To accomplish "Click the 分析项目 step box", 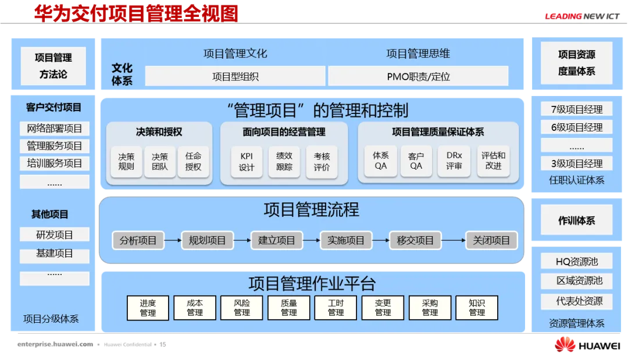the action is click(x=138, y=240).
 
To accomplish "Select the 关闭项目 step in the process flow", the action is click(x=491, y=240).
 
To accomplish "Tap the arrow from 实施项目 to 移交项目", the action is click(x=380, y=240).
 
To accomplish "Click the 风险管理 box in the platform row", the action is click(x=242, y=308).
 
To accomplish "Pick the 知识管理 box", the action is click(x=477, y=308).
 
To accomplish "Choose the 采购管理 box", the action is click(x=430, y=308).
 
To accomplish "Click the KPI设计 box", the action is click(x=247, y=162).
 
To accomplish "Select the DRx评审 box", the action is click(x=454, y=161).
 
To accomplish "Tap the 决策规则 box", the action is click(x=126, y=162).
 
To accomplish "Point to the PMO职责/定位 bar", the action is click(x=418, y=76).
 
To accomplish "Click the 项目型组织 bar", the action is click(x=235, y=76).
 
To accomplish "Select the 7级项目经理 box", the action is click(x=576, y=109).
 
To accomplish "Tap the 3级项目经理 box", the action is click(x=576, y=163).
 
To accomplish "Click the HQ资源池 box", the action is click(x=576, y=262).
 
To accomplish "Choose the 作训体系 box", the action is click(x=576, y=221).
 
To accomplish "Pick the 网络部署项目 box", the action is click(x=55, y=129).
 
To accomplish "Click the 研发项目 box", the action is click(x=55, y=235).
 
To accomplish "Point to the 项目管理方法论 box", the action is click(x=53, y=66).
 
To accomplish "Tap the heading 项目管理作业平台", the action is click(x=312, y=283).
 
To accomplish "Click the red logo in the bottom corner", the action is click(x=565, y=344).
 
